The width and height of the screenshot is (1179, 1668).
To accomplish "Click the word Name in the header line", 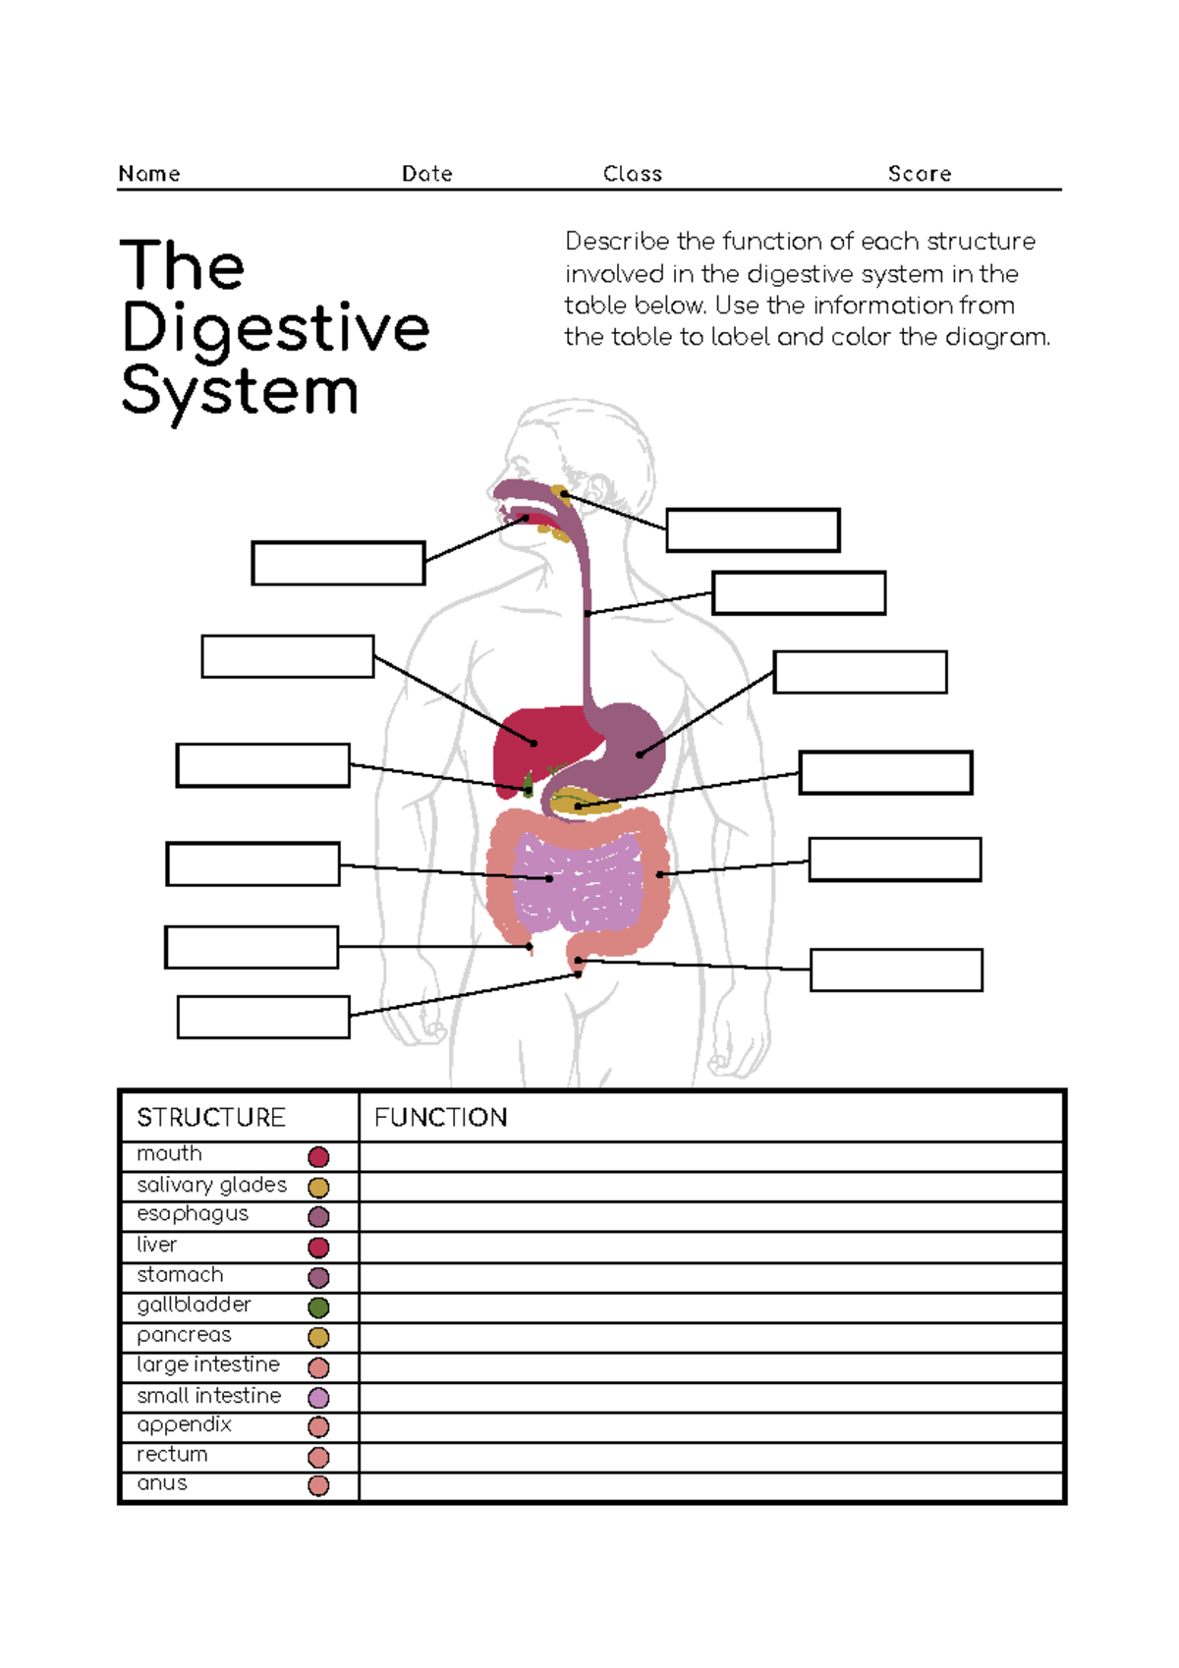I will pyautogui.click(x=149, y=174).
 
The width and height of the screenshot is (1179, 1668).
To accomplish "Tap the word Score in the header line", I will pyautogui.click(x=920, y=174).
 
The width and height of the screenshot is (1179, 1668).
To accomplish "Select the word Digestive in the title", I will pyautogui.click(x=276, y=329).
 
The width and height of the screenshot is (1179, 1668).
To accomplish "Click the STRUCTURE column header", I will pyautogui.click(x=211, y=1118).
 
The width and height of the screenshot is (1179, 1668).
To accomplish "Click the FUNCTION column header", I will pyautogui.click(x=441, y=1118).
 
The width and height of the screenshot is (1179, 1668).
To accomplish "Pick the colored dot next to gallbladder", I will pyautogui.click(x=318, y=1307).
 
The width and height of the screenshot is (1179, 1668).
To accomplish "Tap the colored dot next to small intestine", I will pyautogui.click(x=318, y=1397).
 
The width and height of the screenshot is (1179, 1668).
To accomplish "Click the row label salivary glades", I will pyautogui.click(x=212, y=1185).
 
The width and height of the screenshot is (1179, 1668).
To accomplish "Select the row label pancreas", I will pyautogui.click(x=185, y=1335).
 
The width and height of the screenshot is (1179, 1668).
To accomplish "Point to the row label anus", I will pyautogui.click(x=162, y=1483).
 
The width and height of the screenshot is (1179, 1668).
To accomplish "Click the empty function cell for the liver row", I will pyautogui.click(x=711, y=1248).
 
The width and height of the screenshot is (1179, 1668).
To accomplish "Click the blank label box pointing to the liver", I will pyautogui.click(x=288, y=656).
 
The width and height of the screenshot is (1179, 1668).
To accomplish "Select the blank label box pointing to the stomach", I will pyautogui.click(x=860, y=672).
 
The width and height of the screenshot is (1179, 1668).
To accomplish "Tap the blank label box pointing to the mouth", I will pyautogui.click(x=338, y=563).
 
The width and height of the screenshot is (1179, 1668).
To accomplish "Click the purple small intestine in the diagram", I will pyautogui.click(x=585, y=884).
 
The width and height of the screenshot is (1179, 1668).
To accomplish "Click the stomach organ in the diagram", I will pyautogui.click(x=629, y=751).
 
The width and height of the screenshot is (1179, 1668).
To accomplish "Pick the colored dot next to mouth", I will pyautogui.click(x=318, y=1157).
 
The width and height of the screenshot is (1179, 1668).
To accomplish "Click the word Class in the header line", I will pyautogui.click(x=633, y=174).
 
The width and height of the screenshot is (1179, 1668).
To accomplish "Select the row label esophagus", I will pyautogui.click(x=193, y=1214).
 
